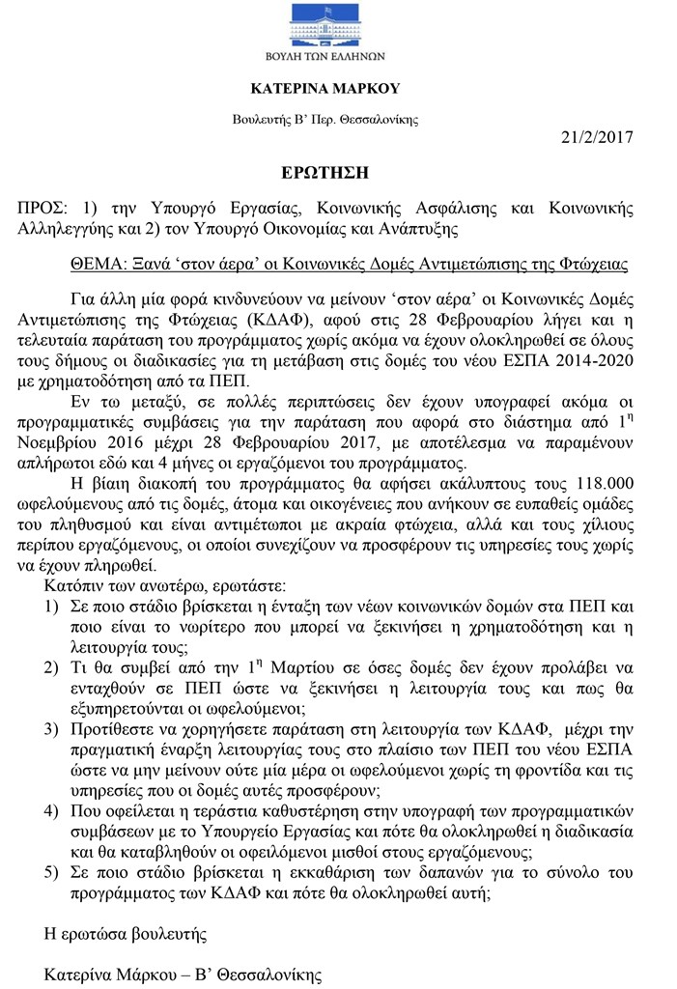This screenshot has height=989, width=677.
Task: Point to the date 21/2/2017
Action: tap(596, 136)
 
